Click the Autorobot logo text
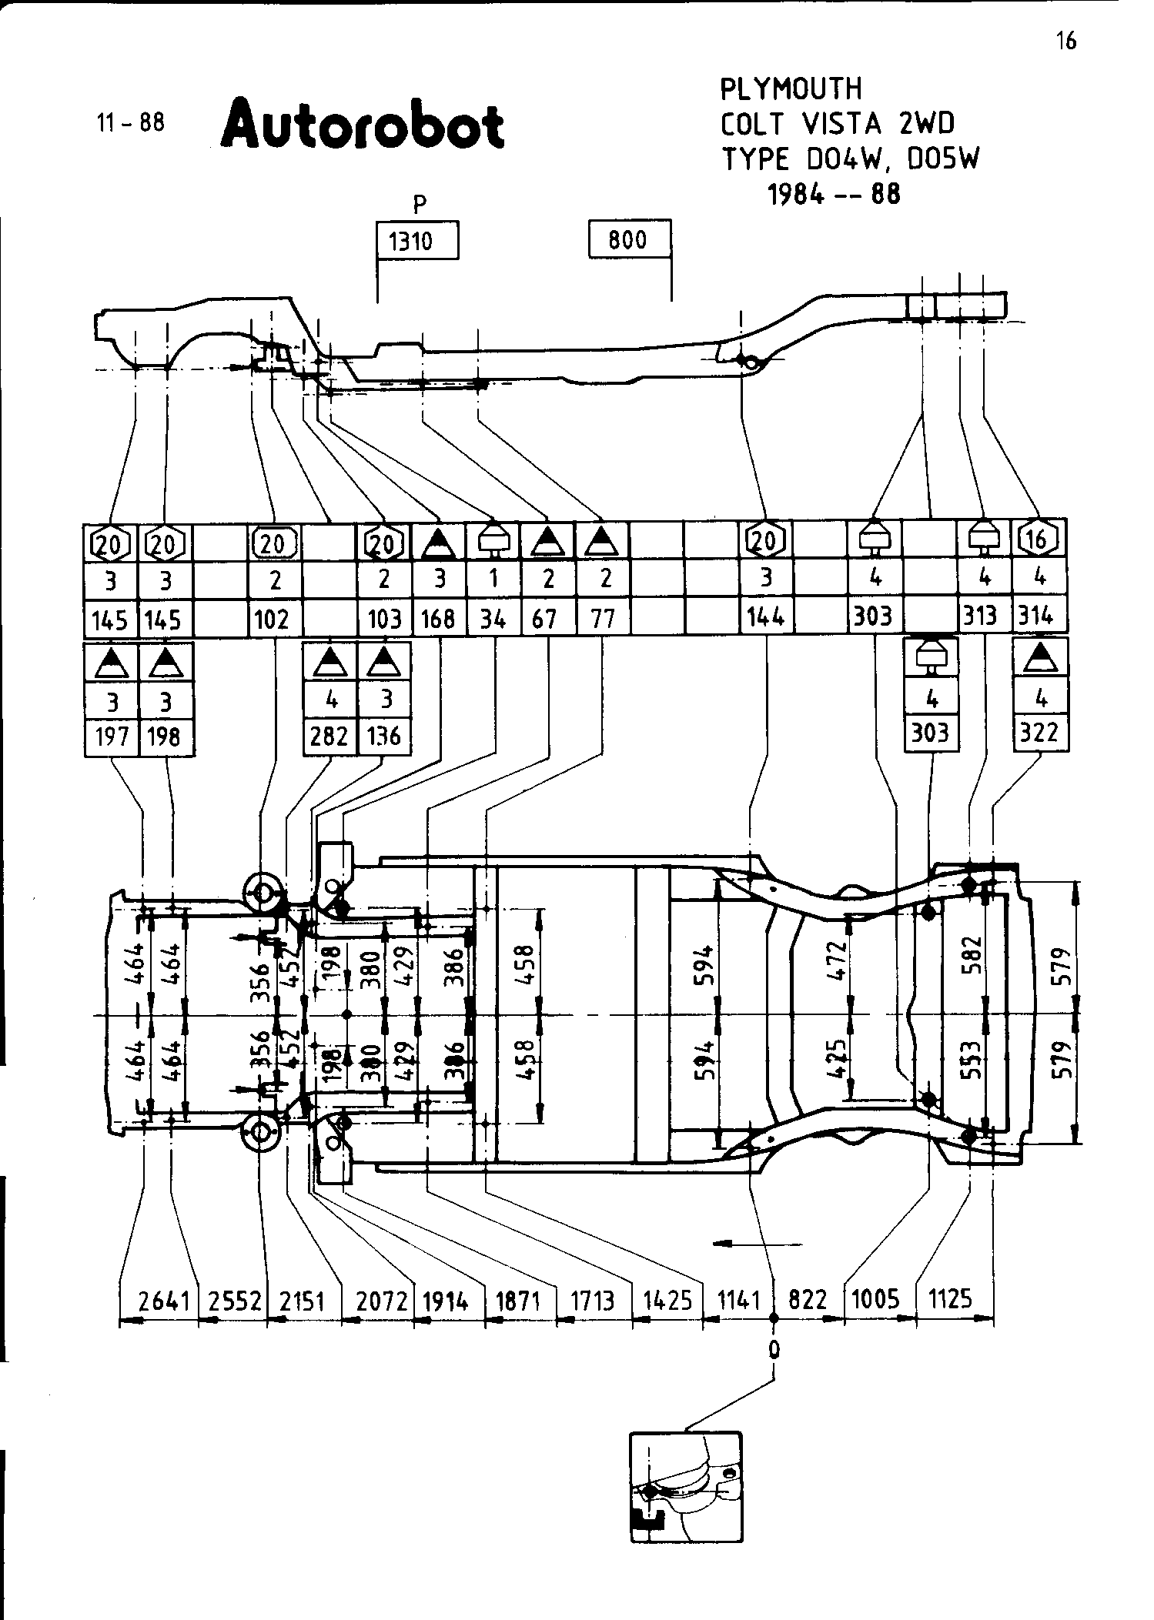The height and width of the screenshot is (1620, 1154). pos(363,124)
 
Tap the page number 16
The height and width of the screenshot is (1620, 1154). pos(1065,40)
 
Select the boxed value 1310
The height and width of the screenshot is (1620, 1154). pos(416,241)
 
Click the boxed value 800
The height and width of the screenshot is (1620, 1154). pos(628,239)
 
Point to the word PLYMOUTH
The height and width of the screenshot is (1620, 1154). pos(791,89)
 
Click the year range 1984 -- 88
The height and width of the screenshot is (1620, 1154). pos(834,194)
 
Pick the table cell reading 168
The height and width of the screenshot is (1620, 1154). pos(439,619)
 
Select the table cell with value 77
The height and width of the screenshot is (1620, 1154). pos(603,619)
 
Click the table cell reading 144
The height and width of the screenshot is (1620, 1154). pos(766,616)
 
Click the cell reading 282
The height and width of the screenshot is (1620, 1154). pos(329,737)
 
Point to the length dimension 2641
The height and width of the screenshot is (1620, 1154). pos(163,1301)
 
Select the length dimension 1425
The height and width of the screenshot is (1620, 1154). pos(667,1301)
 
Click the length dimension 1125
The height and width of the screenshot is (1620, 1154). pos(951,1299)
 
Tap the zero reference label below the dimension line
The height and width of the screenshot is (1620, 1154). pos(774,1349)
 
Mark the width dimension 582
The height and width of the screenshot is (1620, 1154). pos(973,954)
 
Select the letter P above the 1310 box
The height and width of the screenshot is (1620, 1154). pos(419,204)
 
